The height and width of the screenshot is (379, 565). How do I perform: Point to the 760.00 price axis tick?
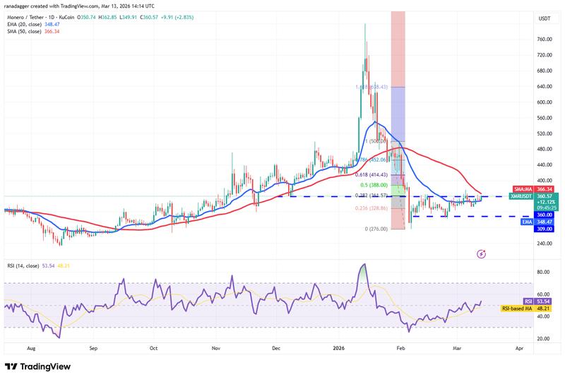click(544, 39)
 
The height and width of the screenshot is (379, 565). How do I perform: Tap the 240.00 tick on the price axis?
click(544, 243)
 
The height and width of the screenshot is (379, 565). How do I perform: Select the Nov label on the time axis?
click(217, 349)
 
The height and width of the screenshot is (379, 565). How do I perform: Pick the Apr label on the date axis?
click(519, 349)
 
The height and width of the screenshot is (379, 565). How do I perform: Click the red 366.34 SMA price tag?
click(544, 189)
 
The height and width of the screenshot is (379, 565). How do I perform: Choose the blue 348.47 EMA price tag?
click(544, 222)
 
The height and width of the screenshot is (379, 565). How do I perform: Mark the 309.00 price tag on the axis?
click(544, 229)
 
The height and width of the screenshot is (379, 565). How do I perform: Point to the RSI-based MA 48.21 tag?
click(544, 308)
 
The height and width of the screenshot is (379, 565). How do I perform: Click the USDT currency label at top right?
click(545, 18)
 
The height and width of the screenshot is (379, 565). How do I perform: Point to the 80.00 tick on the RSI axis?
click(544, 272)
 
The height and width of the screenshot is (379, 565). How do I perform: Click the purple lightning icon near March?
click(482, 253)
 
